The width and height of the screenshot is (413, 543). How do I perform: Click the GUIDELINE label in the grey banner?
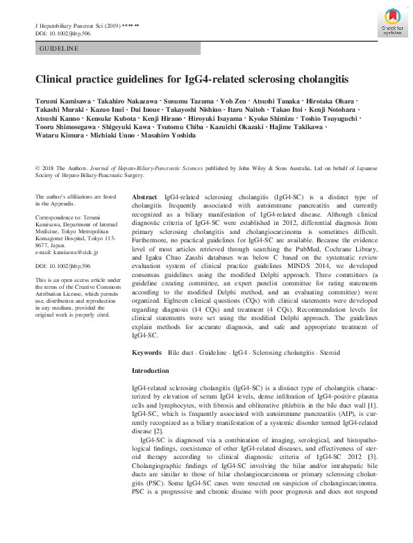59,49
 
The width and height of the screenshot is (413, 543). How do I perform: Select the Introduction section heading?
151,371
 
